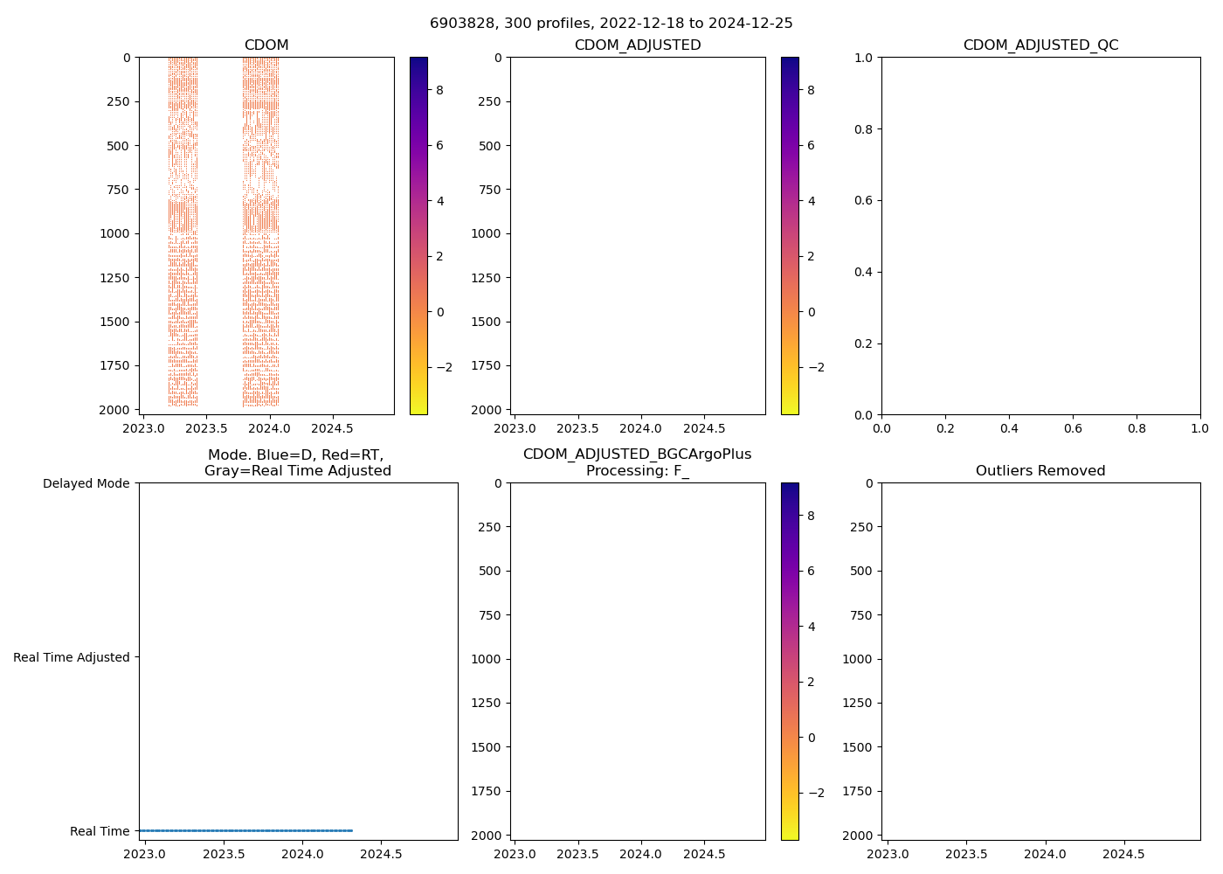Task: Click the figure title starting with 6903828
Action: (x=611, y=24)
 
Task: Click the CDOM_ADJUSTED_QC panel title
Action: (x=1040, y=45)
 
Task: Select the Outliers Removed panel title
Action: (x=1040, y=471)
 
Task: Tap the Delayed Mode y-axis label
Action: (x=86, y=483)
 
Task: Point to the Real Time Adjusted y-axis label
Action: (x=72, y=657)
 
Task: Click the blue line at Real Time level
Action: (x=245, y=830)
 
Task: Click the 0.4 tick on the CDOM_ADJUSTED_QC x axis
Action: (x=1009, y=429)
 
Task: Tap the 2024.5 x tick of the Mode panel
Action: (x=382, y=855)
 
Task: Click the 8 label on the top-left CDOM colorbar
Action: (x=439, y=90)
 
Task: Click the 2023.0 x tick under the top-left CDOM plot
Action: (x=143, y=429)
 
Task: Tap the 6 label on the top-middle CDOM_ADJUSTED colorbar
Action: (x=811, y=145)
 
